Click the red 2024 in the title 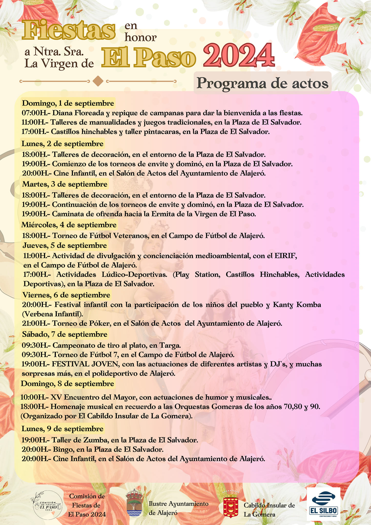(239, 55)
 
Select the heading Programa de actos (262, 83)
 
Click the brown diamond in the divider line (98, 81)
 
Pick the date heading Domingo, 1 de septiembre (68, 103)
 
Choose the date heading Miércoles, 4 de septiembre (69, 225)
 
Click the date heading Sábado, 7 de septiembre (65, 334)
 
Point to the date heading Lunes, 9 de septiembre (63, 429)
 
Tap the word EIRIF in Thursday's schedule (285, 256)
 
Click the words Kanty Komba (297, 305)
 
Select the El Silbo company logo (323, 504)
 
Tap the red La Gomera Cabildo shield (231, 504)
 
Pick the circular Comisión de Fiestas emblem (48, 505)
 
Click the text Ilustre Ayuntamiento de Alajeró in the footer (178, 508)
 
